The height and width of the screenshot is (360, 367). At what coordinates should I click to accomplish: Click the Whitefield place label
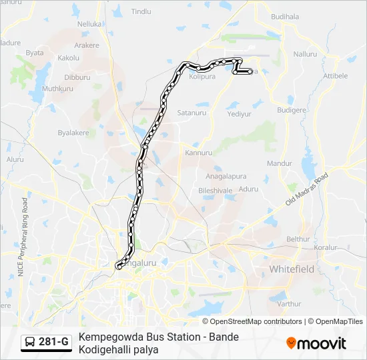(291, 269)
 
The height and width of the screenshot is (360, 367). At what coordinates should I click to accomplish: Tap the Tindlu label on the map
(141, 12)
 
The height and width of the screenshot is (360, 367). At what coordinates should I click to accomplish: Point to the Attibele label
(336, 76)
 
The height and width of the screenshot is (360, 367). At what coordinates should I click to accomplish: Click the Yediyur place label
(238, 114)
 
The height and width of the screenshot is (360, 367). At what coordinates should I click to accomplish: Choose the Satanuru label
(192, 113)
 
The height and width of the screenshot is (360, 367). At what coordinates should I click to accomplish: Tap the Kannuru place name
(198, 153)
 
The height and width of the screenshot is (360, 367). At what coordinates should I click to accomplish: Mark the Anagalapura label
(226, 177)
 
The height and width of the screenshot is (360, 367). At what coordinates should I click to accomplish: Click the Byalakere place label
(73, 133)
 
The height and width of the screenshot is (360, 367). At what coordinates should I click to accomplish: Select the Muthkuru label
(57, 88)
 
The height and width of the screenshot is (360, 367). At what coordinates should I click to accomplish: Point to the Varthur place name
(289, 303)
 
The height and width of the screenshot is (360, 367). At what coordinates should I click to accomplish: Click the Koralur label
(327, 247)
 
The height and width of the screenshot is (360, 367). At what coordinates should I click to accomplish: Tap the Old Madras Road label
(308, 189)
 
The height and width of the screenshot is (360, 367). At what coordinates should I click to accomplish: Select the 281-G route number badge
(46, 343)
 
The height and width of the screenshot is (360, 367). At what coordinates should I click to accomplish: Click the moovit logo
(316, 343)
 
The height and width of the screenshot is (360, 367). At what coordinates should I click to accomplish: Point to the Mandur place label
(279, 163)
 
